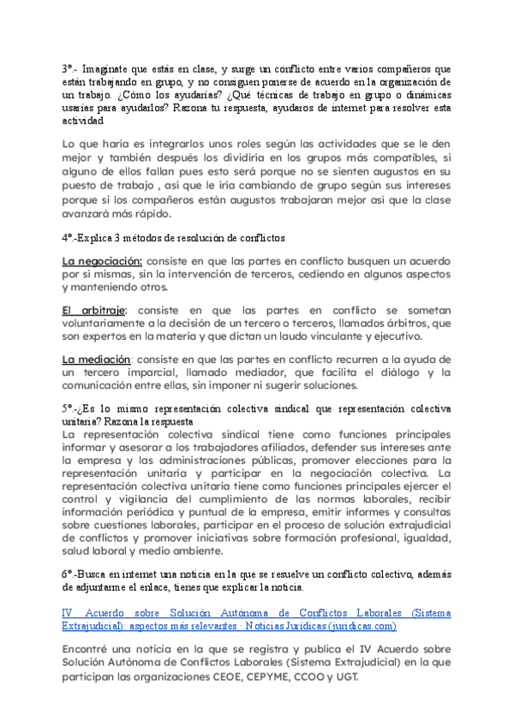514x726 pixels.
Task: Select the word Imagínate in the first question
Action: (x=116, y=68)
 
